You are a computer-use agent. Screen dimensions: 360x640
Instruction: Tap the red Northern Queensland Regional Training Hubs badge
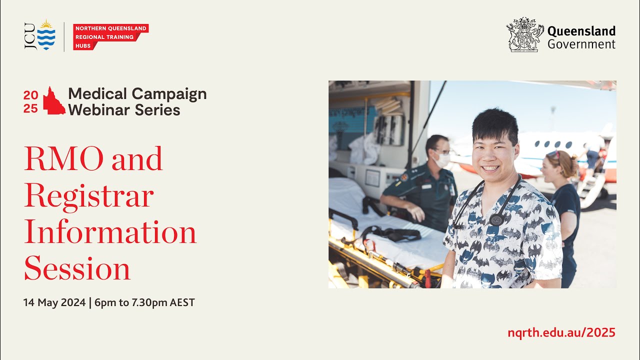(110, 37)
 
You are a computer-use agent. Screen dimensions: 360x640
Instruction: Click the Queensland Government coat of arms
(524, 35)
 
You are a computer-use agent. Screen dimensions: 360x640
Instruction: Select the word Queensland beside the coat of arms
(581, 31)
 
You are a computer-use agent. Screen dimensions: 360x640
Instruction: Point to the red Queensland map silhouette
(53, 101)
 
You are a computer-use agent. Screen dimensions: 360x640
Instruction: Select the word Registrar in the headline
(88, 195)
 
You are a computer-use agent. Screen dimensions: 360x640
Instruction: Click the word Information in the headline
(110, 232)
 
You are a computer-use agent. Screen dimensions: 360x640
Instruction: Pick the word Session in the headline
(77, 268)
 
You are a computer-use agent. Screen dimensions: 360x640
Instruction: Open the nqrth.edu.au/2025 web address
(561, 332)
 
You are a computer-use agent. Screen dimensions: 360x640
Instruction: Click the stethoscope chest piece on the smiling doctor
(496, 219)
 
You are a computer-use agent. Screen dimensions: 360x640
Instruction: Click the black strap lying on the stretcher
(395, 232)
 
